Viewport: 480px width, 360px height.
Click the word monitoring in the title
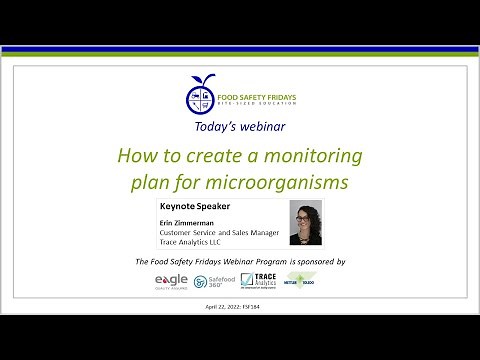click(x=313, y=157)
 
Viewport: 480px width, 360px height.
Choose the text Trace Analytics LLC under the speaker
click(x=191, y=242)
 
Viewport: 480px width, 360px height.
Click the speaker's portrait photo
click(x=304, y=224)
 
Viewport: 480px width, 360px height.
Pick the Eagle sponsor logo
click(x=170, y=281)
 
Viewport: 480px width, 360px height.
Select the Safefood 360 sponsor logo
click(x=214, y=282)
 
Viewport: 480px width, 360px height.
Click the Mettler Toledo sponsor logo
click(x=301, y=281)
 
